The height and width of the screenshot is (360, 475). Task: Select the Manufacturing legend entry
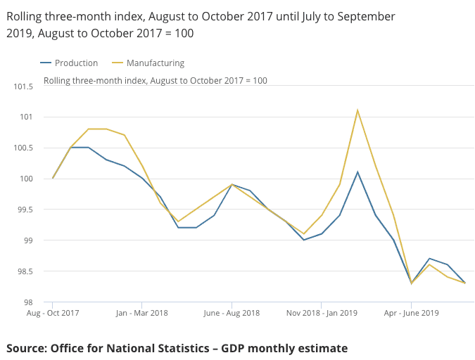155,63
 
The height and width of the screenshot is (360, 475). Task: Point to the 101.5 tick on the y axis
23,86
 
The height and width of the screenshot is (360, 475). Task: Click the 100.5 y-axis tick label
23,148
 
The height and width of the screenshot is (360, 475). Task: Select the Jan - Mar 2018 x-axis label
141,313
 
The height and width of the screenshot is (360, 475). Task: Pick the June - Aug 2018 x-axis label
232,313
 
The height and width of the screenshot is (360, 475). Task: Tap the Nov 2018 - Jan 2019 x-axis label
321,313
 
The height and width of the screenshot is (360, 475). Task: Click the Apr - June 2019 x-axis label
411,313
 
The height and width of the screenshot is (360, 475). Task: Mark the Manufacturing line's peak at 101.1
357,110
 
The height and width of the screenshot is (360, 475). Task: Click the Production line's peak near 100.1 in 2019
357,172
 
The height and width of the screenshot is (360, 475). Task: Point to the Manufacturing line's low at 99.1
304,233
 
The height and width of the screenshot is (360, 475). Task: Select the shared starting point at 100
53,178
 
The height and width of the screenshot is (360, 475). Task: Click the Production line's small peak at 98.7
429,259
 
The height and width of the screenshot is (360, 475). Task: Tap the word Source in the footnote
27,348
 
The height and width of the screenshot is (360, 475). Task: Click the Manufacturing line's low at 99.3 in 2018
178,221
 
